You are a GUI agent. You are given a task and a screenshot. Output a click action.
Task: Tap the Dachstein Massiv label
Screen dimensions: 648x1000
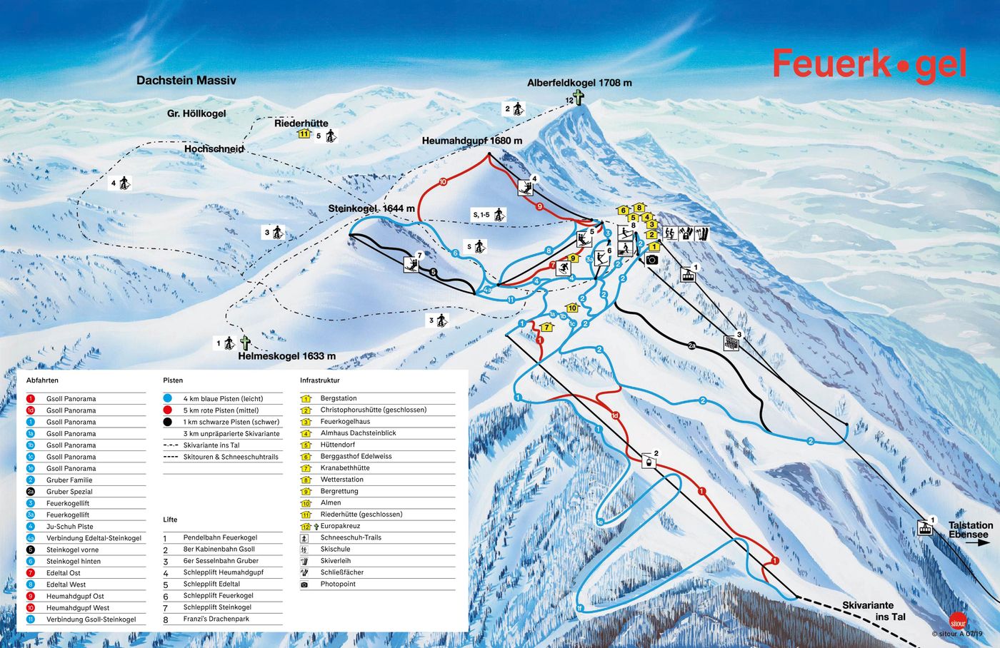pyautogui.click(x=186, y=81)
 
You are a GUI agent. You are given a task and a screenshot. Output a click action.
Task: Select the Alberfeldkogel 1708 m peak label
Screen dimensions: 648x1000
pyautogui.click(x=579, y=83)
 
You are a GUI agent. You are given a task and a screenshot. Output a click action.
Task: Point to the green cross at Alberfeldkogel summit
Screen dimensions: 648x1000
pyautogui.click(x=577, y=98)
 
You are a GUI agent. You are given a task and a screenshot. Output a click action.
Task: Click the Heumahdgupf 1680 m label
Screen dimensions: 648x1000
pyautogui.click(x=471, y=141)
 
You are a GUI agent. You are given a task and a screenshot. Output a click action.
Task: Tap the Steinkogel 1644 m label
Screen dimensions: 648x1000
pyautogui.click(x=371, y=208)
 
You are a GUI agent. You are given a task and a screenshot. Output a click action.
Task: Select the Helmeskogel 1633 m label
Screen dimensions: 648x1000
pyautogui.click(x=286, y=356)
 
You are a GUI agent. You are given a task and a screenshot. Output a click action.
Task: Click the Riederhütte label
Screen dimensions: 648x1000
pyautogui.click(x=301, y=123)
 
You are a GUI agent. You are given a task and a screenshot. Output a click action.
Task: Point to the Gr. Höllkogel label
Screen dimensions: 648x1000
pyautogui.click(x=196, y=113)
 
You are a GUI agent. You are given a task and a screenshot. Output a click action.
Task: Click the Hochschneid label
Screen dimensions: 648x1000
pyautogui.click(x=214, y=148)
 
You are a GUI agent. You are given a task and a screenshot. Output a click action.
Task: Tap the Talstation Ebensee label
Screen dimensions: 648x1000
pyautogui.click(x=970, y=530)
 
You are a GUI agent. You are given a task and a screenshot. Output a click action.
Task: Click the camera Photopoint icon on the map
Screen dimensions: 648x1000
pyautogui.click(x=651, y=260)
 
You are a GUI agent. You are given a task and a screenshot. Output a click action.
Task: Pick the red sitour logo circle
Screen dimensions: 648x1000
pyautogui.click(x=958, y=620)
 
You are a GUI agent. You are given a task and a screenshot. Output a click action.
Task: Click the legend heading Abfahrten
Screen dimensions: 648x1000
pyautogui.click(x=42, y=380)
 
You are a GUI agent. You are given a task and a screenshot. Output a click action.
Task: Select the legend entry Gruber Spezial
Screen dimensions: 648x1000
pyautogui.click(x=69, y=492)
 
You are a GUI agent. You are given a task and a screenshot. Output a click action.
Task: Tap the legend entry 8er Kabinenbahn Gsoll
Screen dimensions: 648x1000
pyautogui.click(x=219, y=549)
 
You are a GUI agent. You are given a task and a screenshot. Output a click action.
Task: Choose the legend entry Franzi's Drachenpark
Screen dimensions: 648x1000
pyautogui.click(x=216, y=619)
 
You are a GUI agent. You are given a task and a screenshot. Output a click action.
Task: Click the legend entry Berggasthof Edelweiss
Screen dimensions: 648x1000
pyautogui.click(x=356, y=456)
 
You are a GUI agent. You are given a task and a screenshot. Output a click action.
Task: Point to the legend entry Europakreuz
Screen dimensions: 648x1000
pyautogui.click(x=340, y=526)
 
